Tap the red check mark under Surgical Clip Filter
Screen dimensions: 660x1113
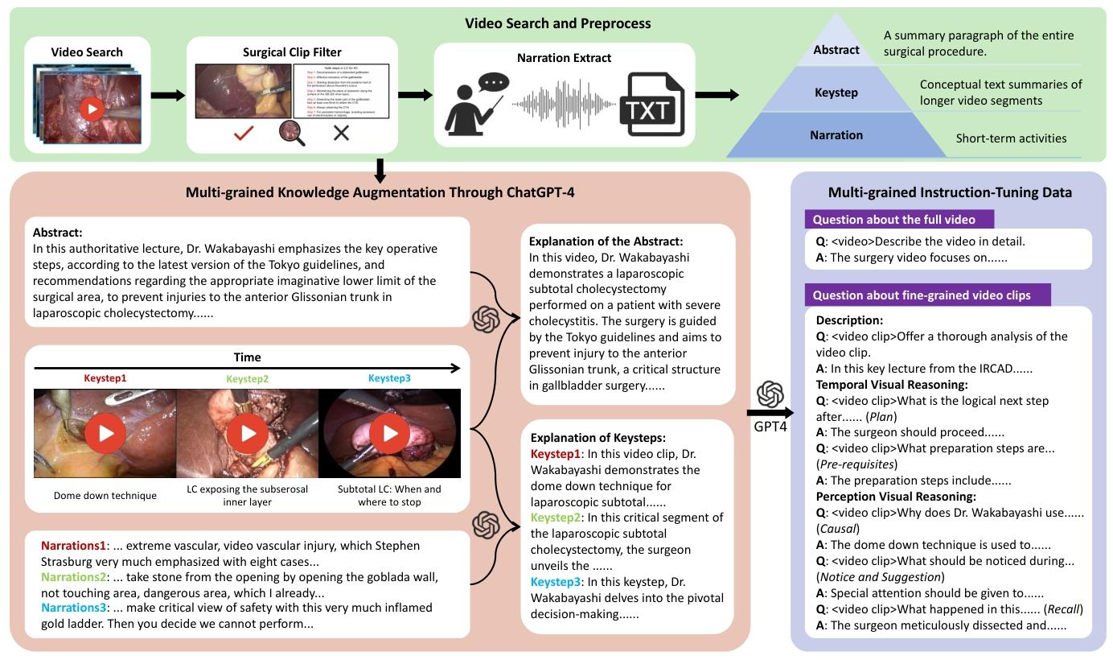tap(244, 133)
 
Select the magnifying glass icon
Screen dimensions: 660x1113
tap(291, 133)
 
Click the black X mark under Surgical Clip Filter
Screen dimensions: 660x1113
tap(341, 133)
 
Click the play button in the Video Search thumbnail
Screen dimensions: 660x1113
tap(92, 108)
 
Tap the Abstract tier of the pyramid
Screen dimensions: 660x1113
tap(836, 50)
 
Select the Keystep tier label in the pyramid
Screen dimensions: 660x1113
tap(836, 93)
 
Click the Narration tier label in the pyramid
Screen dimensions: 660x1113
tap(836, 135)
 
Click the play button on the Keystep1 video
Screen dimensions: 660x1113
tap(105, 434)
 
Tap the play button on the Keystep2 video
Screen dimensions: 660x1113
tap(247, 434)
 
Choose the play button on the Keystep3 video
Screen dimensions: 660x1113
tap(390, 434)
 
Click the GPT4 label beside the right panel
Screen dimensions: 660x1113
tap(770, 426)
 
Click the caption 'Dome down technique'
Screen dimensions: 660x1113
tap(105, 496)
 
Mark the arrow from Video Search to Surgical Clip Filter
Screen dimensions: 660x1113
tap(167, 96)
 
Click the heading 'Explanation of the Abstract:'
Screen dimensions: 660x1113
tap(606, 241)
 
